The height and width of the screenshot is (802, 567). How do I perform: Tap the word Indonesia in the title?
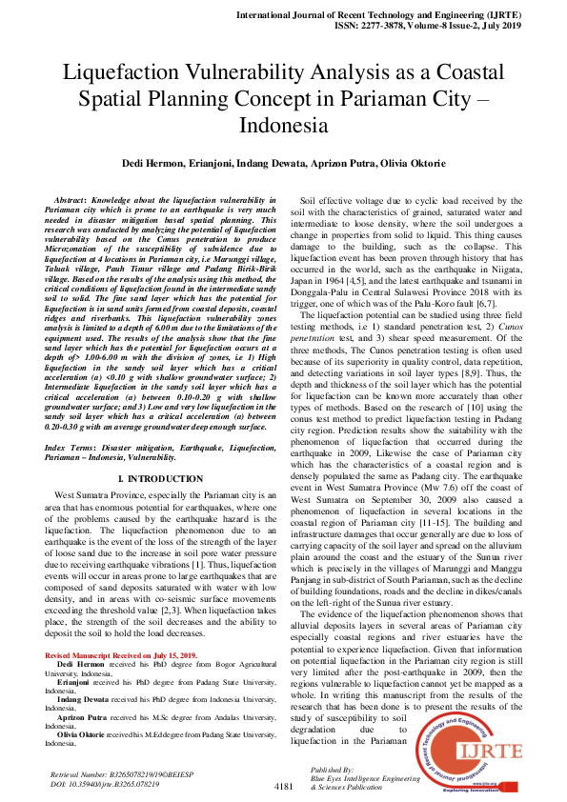tap(283, 125)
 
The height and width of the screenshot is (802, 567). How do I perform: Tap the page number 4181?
tap(283, 787)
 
